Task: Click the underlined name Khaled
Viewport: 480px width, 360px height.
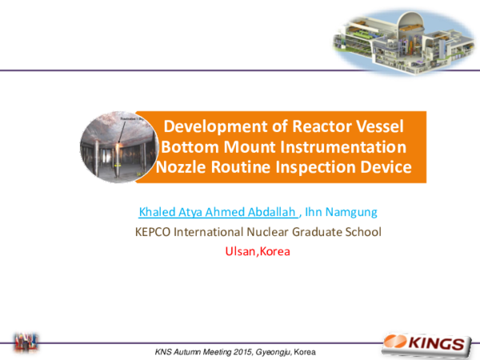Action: [x=158, y=213]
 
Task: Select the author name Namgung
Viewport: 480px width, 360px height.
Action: [x=346, y=213]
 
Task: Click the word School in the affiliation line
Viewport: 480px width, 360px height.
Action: [x=363, y=233]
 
